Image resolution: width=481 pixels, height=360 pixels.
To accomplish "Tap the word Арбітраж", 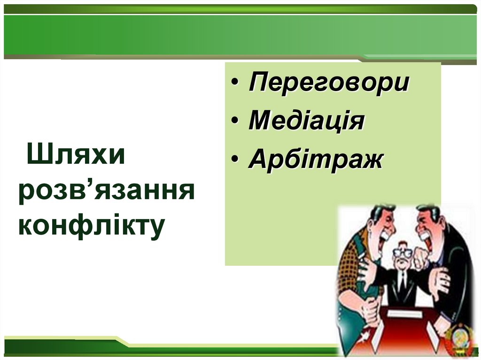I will coord(316,160).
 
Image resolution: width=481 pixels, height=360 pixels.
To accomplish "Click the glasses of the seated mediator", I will coord(402,253).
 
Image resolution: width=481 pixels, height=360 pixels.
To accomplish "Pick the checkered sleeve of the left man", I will coord(350,268).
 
